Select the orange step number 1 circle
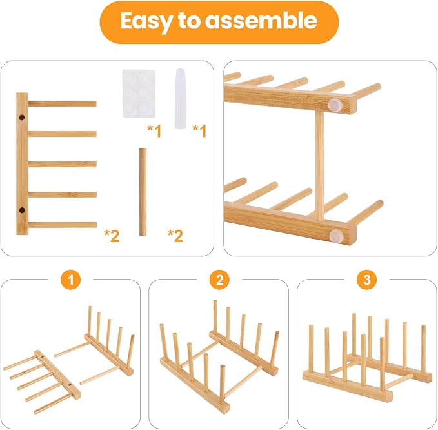point(71,280)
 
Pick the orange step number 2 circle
point(219,280)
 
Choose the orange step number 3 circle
point(367,280)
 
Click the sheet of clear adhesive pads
point(139,94)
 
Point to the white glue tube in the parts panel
point(181,99)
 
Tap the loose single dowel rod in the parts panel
point(143,192)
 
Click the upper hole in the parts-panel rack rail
point(22,118)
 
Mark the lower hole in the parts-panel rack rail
point(22,210)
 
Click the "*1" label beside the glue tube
point(200,130)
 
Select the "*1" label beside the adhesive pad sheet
point(154,130)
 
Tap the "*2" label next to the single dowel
point(175,236)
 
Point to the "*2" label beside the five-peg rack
point(112,236)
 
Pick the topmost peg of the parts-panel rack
point(62,104)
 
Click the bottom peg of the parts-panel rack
point(63,225)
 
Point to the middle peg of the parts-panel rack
point(63,164)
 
